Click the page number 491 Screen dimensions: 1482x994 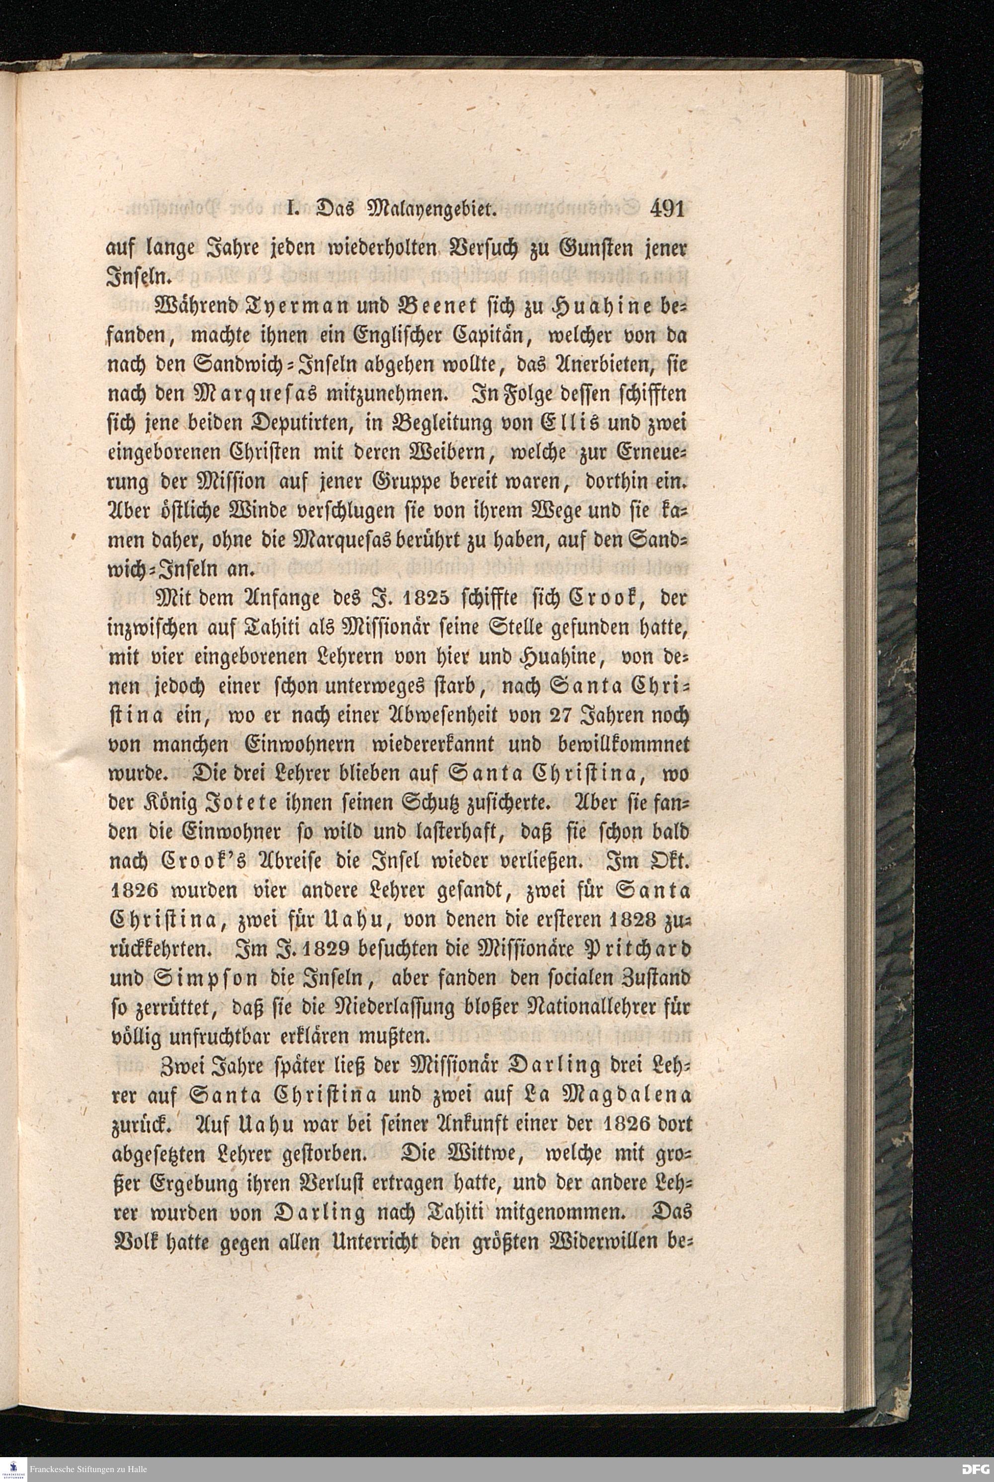(x=667, y=209)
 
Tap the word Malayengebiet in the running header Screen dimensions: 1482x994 (x=427, y=210)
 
